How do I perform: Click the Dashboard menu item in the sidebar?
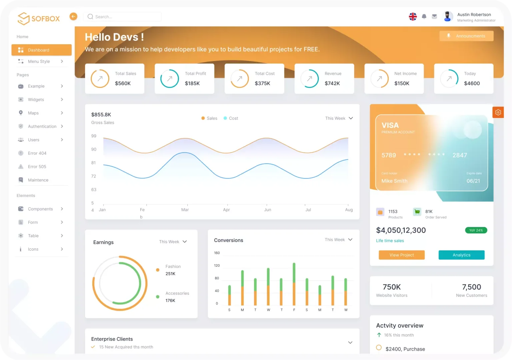41,50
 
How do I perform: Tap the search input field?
123,17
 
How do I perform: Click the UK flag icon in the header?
413,16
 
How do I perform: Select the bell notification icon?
424,16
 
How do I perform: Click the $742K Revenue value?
332,83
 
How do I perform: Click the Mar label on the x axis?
185,210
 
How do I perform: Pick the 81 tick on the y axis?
94,163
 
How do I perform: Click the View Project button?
402,255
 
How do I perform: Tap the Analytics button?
461,255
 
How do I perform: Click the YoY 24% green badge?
476,230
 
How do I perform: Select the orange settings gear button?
498,112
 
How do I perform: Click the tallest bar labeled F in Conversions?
294,283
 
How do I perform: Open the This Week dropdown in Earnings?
173,242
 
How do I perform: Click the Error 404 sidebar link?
37,153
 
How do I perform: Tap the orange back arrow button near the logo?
73,16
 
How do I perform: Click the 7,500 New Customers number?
471,287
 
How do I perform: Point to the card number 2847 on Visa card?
460,155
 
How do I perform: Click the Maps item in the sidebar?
33,113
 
